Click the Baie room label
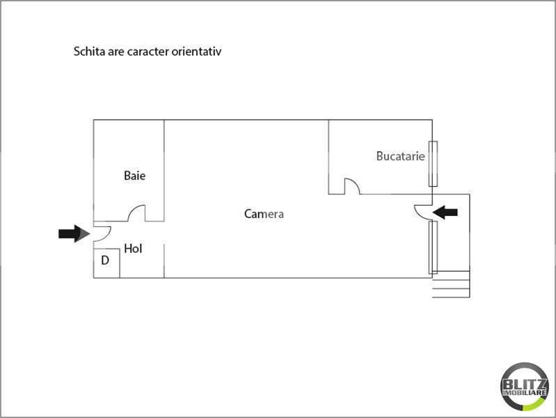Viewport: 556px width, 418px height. click(134, 176)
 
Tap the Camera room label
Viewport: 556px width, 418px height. click(264, 214)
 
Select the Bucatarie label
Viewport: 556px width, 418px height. click(400, 156)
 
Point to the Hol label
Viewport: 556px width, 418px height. click(133, 248)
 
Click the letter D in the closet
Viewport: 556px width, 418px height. click(105, 261)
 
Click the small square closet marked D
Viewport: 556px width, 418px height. click(106, 263)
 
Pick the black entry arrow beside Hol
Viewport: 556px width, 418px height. click(74, 233)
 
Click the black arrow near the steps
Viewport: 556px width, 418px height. click(445, 212)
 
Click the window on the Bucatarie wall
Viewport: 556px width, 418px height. click(433, 164)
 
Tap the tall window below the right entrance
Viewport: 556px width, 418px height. click(433, 247)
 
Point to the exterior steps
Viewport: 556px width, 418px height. click(451, 284)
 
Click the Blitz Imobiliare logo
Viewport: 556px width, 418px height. click(525, 387)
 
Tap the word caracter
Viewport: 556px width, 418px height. click(148, 52)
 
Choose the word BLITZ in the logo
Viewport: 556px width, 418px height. click(525, 385)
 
